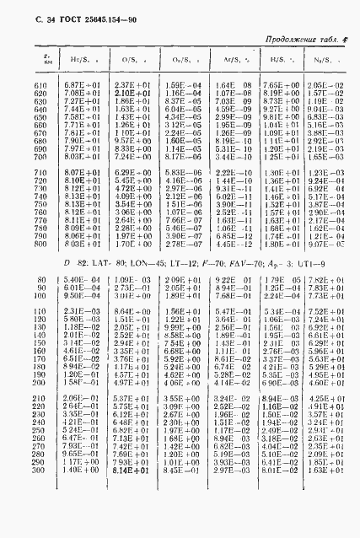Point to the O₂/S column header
tap(177, 60)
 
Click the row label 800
tap(40, 244)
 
